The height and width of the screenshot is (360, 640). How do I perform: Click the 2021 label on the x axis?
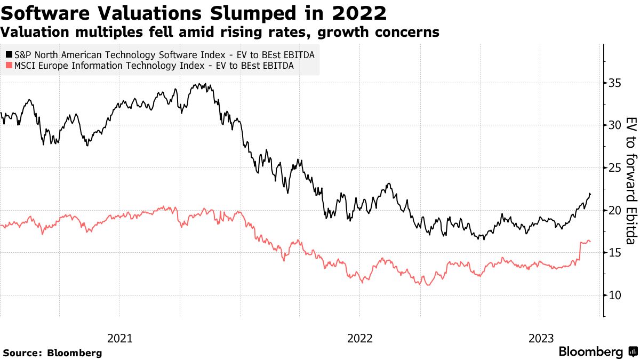(120, 338)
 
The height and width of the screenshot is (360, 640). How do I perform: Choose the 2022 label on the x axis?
(359, 338)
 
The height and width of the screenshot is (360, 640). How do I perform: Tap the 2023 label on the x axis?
(541, 338)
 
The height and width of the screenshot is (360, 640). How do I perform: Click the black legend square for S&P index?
(9, 54)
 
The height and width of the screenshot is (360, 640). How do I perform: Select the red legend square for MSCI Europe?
(9, 66)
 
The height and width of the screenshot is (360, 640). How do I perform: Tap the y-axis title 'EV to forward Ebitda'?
(630, 180)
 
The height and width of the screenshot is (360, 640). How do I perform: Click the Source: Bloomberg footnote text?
(52, 353)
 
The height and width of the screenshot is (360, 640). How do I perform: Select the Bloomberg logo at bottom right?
(597, 352)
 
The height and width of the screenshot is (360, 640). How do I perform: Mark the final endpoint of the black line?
(590, 194)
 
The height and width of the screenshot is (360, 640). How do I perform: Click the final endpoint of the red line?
(590, 242)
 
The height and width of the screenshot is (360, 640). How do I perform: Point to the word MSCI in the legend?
(27, 66)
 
